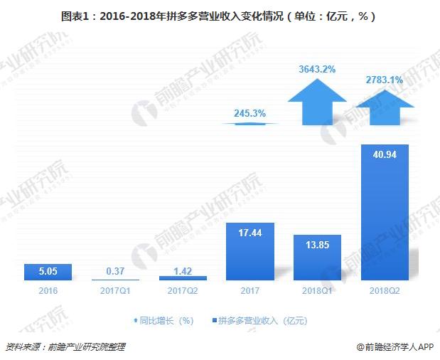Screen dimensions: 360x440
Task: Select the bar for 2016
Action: (x=48, y=272)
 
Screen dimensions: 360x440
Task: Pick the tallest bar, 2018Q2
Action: (x=385, y=213)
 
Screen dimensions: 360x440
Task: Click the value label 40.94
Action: (x=385, y=155)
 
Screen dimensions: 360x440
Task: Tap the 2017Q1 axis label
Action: (x=115, y=290)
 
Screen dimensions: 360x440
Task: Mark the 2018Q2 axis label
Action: (x=385, y=290)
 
